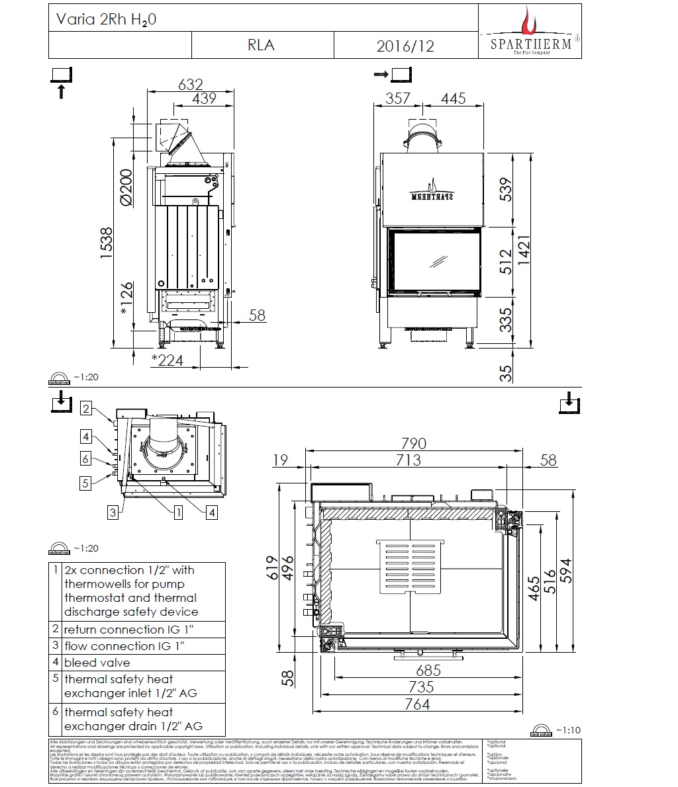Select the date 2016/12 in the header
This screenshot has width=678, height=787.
pyautogui.click(x=405, y=46)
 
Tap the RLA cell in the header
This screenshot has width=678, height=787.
pyautogui.click(x=261, y=45)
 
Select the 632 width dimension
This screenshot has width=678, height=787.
pyautogui.click(x=191, y=85)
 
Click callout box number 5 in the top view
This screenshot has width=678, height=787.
pyautogui.click(x=85, y=483)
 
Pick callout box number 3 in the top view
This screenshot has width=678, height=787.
pyautogui.click(x=113, y=512)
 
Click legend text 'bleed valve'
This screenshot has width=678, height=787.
pyautogui.click(x=97, y=663)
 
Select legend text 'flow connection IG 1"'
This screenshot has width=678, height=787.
pyautogui.click(x=124, y=646)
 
